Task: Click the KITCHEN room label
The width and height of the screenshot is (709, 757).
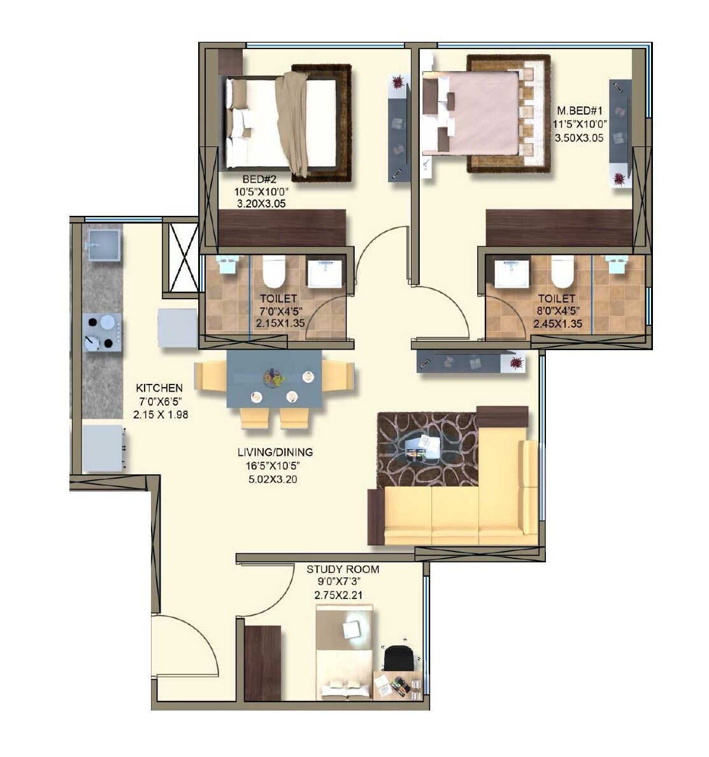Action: coord(159,388)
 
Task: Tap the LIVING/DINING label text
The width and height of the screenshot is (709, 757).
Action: coord(275,452)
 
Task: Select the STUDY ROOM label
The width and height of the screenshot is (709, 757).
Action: coord(343,569)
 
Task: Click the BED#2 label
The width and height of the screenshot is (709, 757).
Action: coord(257,180)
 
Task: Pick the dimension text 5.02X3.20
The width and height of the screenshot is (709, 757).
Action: coord(275,477)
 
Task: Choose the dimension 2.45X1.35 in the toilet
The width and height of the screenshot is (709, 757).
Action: coord(556,323)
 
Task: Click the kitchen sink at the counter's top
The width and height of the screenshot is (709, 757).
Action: coord(102,244)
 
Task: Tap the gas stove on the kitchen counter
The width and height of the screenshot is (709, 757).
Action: coord(103,331)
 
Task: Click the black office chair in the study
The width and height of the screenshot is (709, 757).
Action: coord(399,658)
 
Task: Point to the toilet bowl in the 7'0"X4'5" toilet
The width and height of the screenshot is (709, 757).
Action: coord(273,272)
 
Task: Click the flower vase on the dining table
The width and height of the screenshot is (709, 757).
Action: coord(275,378)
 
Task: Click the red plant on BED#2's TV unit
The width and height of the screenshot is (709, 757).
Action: coord(398,82)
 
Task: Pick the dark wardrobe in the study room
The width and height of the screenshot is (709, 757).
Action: coord(262,663)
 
